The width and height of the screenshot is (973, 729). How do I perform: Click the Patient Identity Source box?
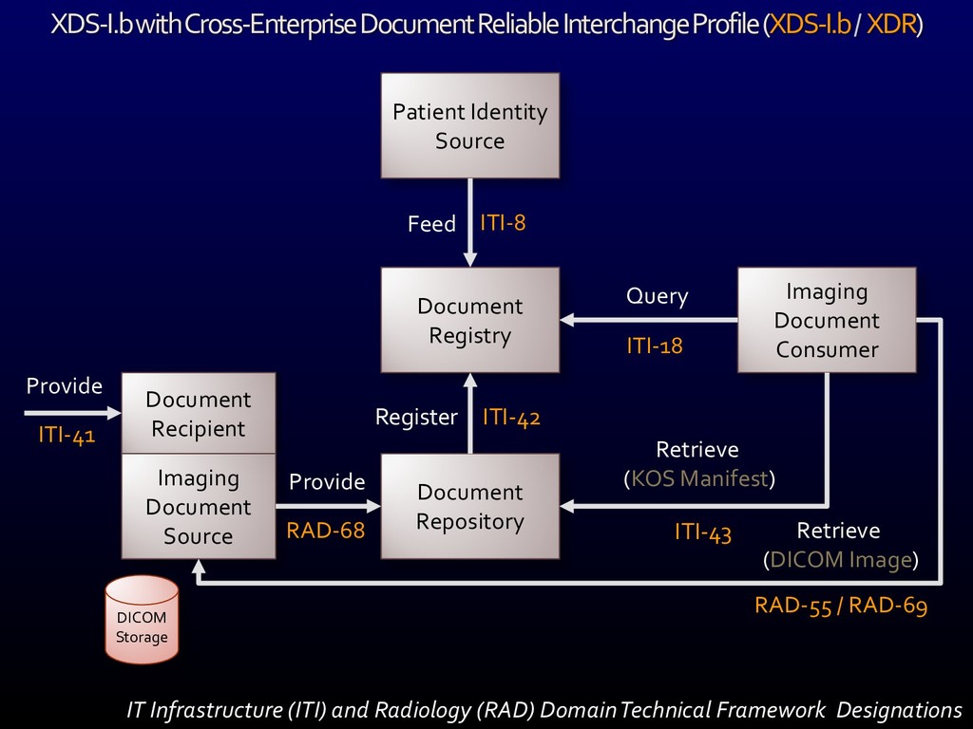pyautogui.click(x=469, y=125)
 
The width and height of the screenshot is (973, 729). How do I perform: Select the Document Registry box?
pyautogui.click(x=469, y=320)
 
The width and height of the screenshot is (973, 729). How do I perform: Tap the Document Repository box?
pyautogui.click(x=469, y=506)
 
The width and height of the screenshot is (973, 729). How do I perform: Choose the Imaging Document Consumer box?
pyautogui.click(x=827, y=320)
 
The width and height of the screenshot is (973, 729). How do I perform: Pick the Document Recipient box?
pyautogui.click(x=199, y=413)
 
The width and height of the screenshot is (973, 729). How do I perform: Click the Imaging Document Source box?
pyautogui.click(x=199, y=507)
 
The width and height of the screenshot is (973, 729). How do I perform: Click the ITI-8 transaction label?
pyautogui.click(x=503, y=223)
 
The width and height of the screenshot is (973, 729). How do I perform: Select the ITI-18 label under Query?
pyautogui.click(x=654, y=346)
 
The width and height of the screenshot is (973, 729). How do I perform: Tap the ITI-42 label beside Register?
pyautogui.click(x=511, y=417)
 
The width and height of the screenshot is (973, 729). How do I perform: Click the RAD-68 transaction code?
pyautogui.click(x=326, y=531)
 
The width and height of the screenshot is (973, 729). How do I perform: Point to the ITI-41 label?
pyautogui.click(x=67, y=436)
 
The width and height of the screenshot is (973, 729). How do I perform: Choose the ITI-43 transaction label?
pyautogui.click(x=702, y=533)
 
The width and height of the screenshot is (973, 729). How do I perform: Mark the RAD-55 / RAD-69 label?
pyautogui.click(x=840, y=606)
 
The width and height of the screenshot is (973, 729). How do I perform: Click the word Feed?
pyautogui.click(x=431, y=224)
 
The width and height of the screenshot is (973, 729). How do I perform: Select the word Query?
pyautogui.click(x=657, y=296)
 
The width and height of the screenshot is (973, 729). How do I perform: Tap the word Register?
pyautogui.click(x=416, y=418)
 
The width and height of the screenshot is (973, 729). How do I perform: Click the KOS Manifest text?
pyautogui.click(x=699, y=478)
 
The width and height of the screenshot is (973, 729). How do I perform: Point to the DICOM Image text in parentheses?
pyautogui.click(x=841, y=560)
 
